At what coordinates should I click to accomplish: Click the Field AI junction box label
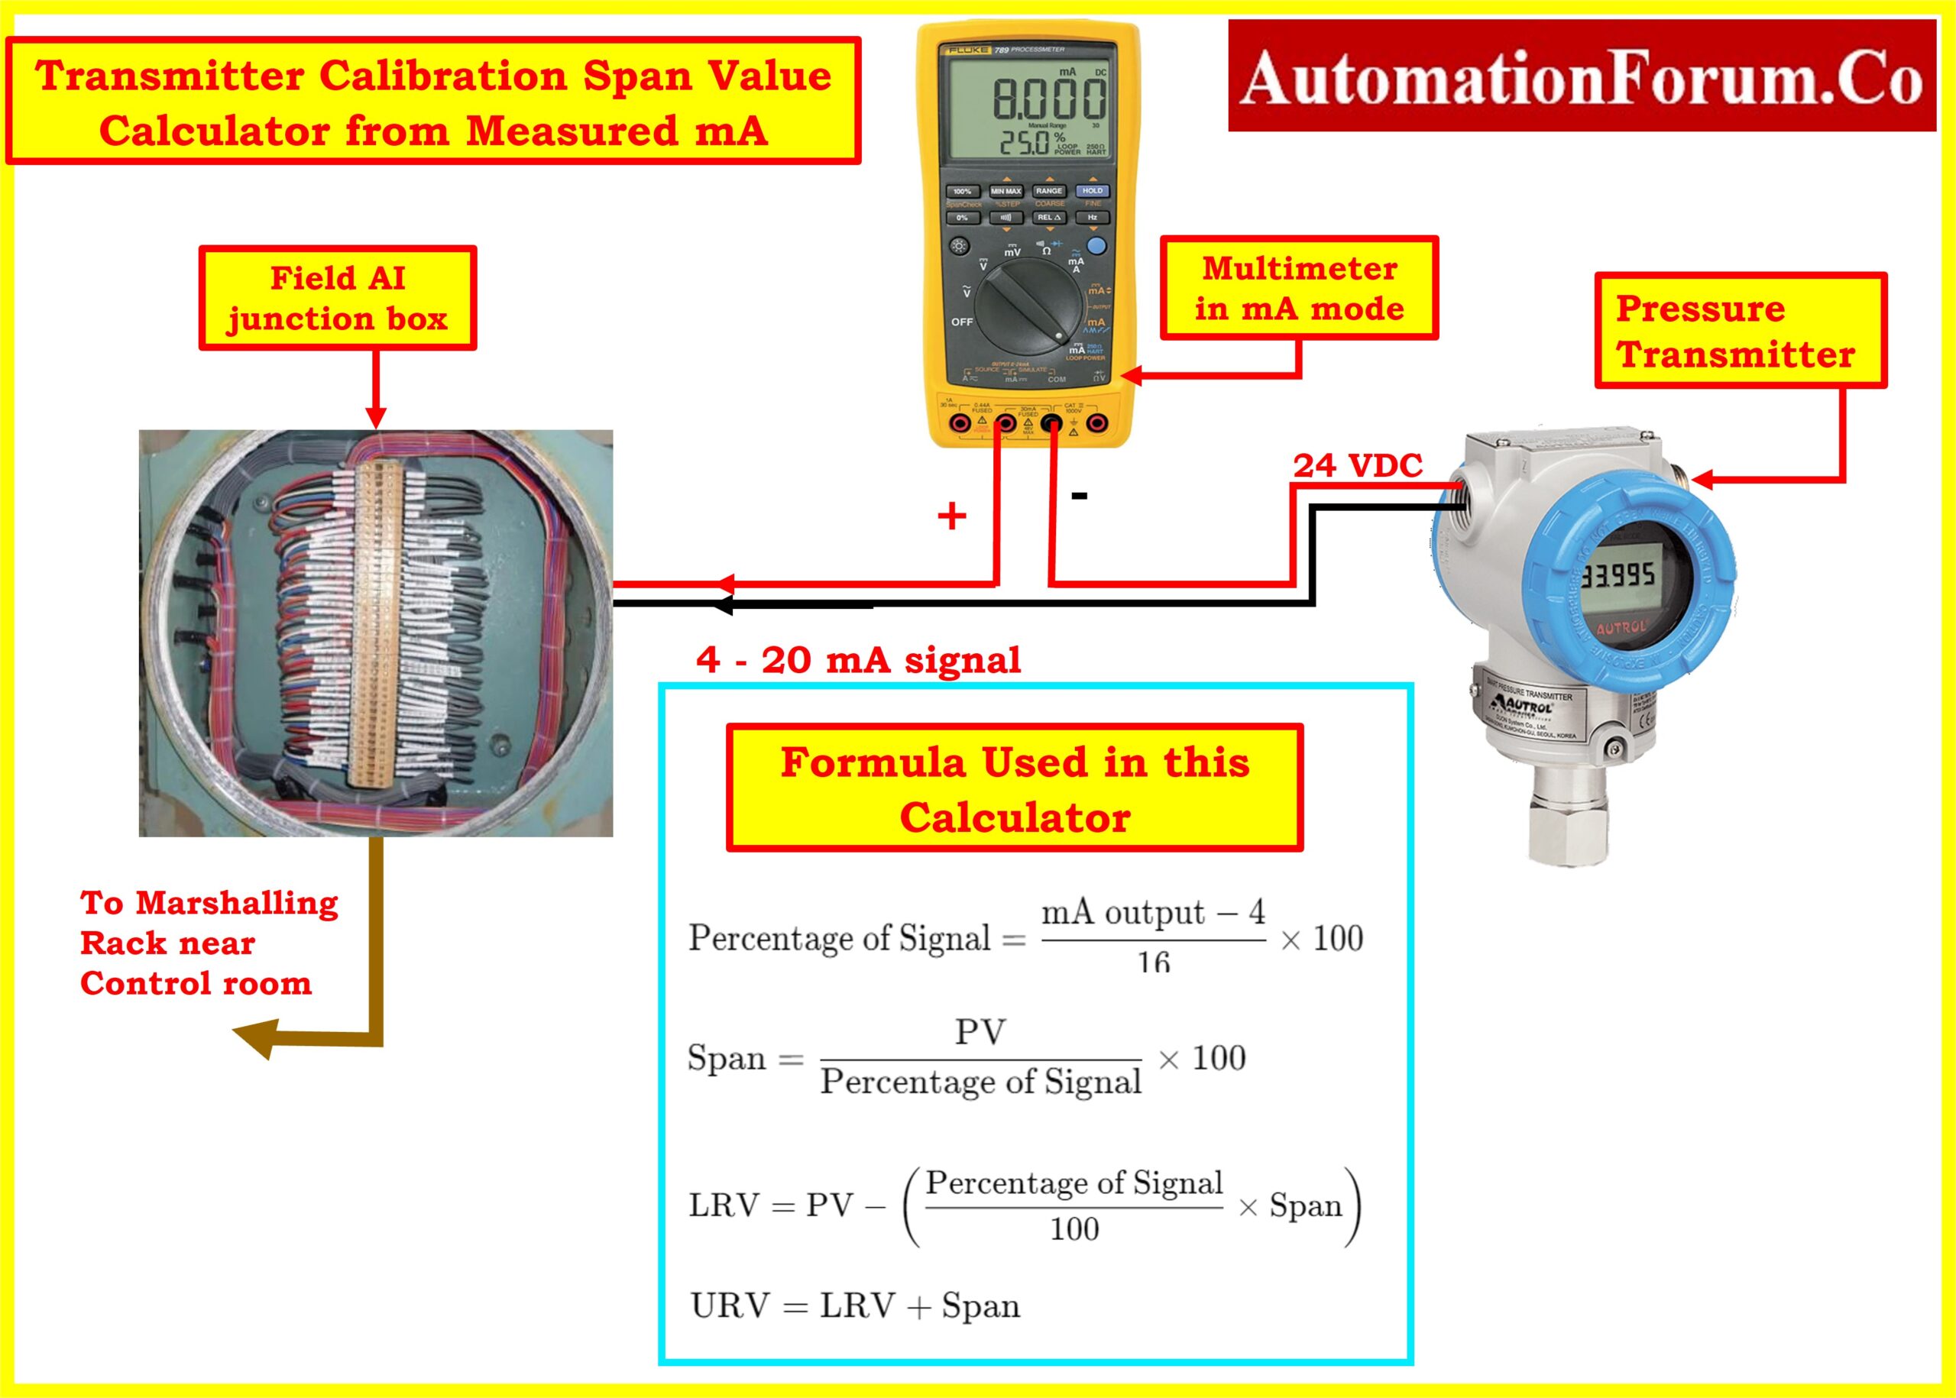pos(338,298)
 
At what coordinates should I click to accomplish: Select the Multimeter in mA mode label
pos(1298,288)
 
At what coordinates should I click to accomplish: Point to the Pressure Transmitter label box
pos(1740,331)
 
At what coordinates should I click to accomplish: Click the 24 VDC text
pos(1357,466)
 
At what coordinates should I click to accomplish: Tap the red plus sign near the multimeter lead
pos(951,516)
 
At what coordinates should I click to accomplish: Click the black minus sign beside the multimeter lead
pos(1079,496)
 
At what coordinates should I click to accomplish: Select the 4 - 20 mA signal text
pos(858,660)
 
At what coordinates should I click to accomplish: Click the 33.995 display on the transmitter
pos(1618,575)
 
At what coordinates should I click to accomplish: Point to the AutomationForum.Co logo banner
pos(1581,77)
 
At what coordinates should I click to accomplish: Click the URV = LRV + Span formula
pos(855,1306)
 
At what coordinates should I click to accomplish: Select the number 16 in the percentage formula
pos(1153,963)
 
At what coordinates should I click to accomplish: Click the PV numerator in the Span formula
pos(980,1031)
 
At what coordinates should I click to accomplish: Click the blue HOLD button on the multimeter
pos(1092,191)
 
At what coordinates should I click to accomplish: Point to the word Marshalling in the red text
pos(237,903)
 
